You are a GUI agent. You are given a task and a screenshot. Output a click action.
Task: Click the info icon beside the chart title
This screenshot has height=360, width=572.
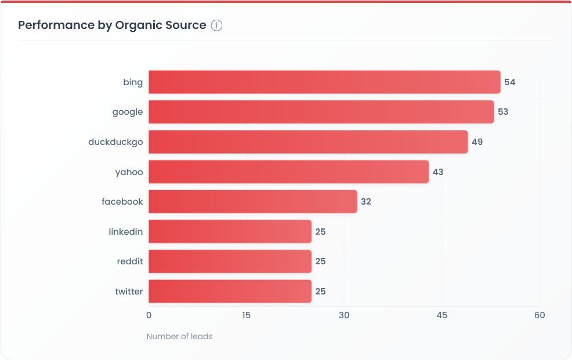tap(216, 26)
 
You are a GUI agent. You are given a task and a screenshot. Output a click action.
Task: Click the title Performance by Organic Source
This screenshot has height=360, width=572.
tap(112, 25)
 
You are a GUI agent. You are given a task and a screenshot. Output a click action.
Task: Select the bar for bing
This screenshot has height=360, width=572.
tap(324, 82)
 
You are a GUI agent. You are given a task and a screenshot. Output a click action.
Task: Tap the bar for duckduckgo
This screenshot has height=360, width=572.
tap(308, 142)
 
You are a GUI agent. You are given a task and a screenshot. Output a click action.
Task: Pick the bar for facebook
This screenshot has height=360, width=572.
tap(252, 202)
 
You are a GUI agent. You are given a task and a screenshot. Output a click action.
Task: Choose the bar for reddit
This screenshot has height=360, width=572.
tap(230, 261)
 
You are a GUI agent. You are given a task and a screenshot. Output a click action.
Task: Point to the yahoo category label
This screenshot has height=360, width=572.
tap(129, 172)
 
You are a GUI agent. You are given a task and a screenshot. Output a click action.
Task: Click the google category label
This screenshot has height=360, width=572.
tap(128, 112)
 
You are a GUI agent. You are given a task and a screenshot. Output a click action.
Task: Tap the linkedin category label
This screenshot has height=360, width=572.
tap(125, 232)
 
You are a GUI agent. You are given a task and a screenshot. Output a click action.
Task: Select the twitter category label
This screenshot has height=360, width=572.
tap(129, 292)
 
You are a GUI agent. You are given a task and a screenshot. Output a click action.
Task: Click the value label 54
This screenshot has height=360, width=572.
tap(509, 82)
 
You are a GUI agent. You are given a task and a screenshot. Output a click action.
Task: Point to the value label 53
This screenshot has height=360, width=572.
tap(502, 112)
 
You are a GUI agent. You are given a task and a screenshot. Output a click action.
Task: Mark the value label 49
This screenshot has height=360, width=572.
tap(477, 142)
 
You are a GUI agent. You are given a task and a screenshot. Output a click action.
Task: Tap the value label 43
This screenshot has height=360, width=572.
tap(438, 172)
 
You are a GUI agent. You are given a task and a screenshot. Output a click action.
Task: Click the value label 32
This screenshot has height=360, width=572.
tap(365, 202)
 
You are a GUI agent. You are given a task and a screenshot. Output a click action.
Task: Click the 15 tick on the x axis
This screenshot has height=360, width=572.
tap(246, 315)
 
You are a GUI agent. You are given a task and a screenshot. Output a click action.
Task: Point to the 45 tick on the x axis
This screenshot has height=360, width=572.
tap(442, 315)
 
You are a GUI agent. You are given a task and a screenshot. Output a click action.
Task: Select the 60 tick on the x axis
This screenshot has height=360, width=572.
tap(540, 315)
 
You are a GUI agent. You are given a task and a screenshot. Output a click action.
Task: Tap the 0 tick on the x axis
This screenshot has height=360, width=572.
tap(149, 315)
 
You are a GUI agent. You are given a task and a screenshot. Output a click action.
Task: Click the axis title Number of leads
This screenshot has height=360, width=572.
tap(179, 336)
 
